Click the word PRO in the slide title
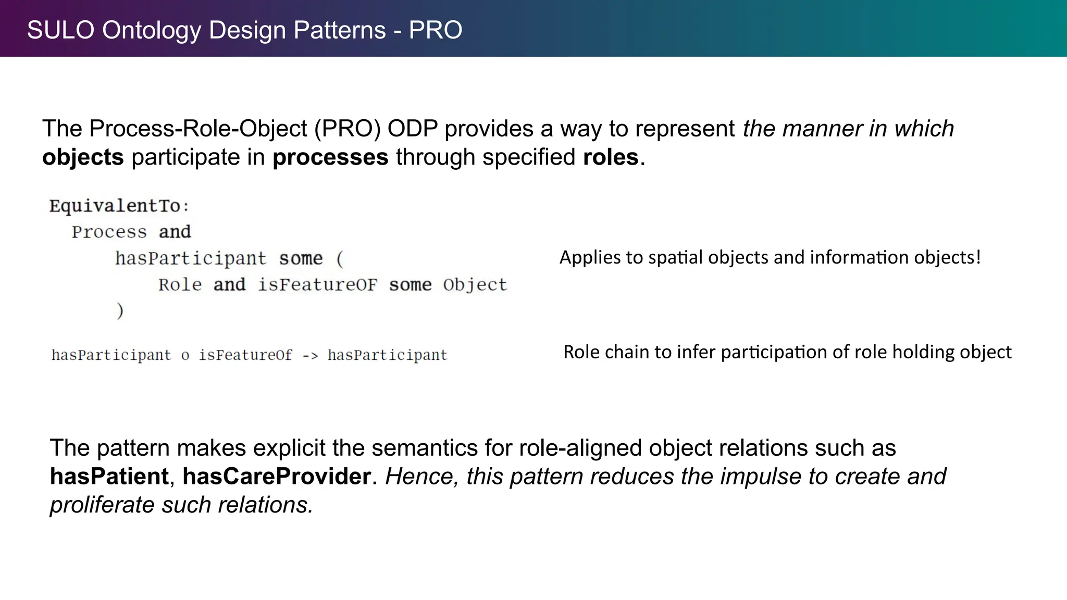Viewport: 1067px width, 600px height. point(436,30)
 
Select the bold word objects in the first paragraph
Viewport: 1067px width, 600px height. point(83,157)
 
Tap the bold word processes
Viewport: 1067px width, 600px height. point(330,157)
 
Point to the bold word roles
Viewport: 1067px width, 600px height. point(611,157)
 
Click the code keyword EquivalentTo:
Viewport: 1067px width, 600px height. point(119,206)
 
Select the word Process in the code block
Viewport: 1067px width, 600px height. point(109,232)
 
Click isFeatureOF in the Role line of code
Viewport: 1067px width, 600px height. point(317,285)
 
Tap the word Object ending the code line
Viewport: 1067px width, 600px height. point(475,285)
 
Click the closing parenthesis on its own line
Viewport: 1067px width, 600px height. point(120,311)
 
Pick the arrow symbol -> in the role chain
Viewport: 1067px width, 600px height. point(309,356)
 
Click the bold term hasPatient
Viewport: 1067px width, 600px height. point(109,477)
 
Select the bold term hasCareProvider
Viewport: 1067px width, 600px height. point(277,477)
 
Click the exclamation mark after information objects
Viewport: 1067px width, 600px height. point(978,257)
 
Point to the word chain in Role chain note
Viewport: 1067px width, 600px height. point(627,352)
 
